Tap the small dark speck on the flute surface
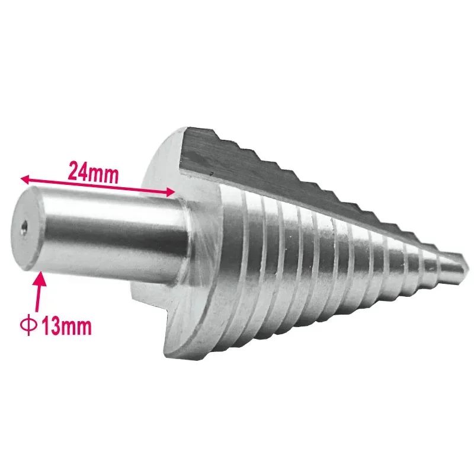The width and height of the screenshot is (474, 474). pos(212,174)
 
